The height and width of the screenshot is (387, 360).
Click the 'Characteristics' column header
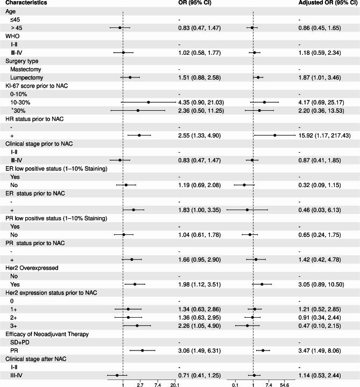(x=26, y=3)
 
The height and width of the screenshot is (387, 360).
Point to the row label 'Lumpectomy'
(x=25, y=77)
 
